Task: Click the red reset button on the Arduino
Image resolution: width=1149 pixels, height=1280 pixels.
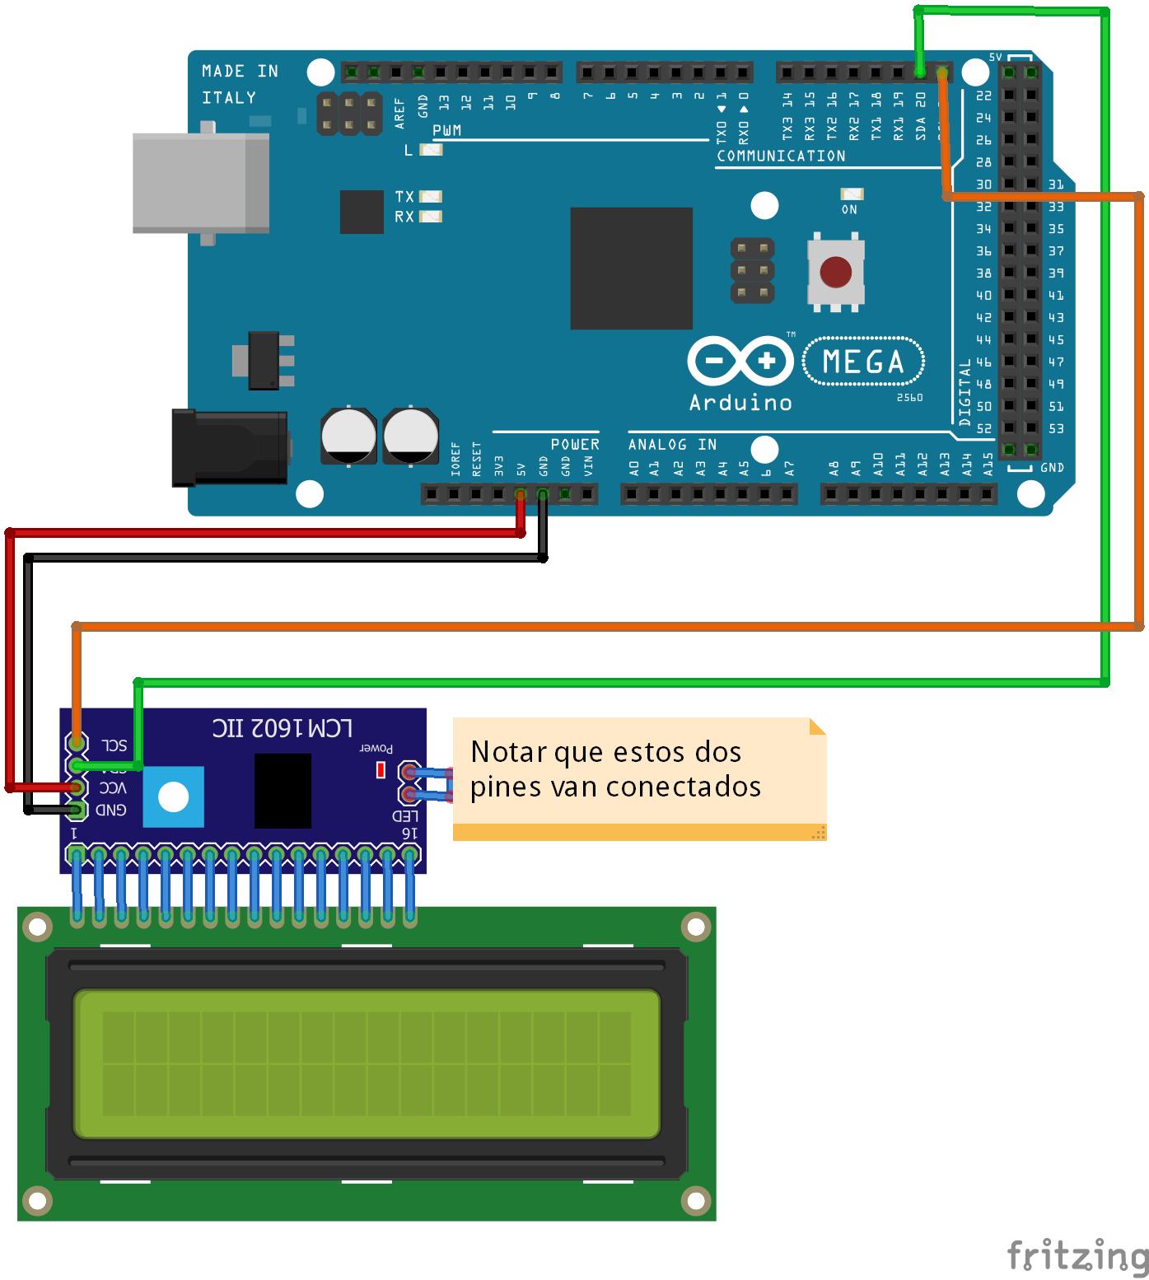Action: pos(836,272)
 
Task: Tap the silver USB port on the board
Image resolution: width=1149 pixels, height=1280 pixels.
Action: pos(201,183)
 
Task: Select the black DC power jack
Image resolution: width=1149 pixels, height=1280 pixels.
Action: pos(229,447)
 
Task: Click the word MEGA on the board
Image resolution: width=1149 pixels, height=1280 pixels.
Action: pos(862,362)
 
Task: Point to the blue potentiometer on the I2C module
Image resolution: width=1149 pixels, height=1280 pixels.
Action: pos(173,796)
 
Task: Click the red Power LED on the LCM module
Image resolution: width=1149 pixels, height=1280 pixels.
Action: pos(381,769)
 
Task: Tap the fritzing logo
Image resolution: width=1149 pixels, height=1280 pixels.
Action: pos(1077,1256)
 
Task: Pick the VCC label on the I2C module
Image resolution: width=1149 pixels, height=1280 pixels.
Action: pos(112,788)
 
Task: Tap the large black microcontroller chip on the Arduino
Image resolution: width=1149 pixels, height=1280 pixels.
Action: pos(631,268)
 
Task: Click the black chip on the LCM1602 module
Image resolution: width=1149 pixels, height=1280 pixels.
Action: pos(283,790)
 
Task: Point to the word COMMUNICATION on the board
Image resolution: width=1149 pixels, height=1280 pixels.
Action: pos(781,156)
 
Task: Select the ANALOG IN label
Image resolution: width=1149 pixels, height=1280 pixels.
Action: pos(672,445)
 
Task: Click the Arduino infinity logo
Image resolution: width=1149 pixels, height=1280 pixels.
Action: pos(740,361)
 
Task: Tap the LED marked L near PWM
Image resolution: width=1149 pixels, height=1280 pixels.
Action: pos(431,150)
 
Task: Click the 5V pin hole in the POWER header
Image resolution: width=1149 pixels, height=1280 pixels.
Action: pos(521,494)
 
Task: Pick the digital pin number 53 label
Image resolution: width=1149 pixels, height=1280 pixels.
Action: pos(1056,428)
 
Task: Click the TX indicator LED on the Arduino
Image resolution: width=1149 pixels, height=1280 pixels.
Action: pos(431,197)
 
